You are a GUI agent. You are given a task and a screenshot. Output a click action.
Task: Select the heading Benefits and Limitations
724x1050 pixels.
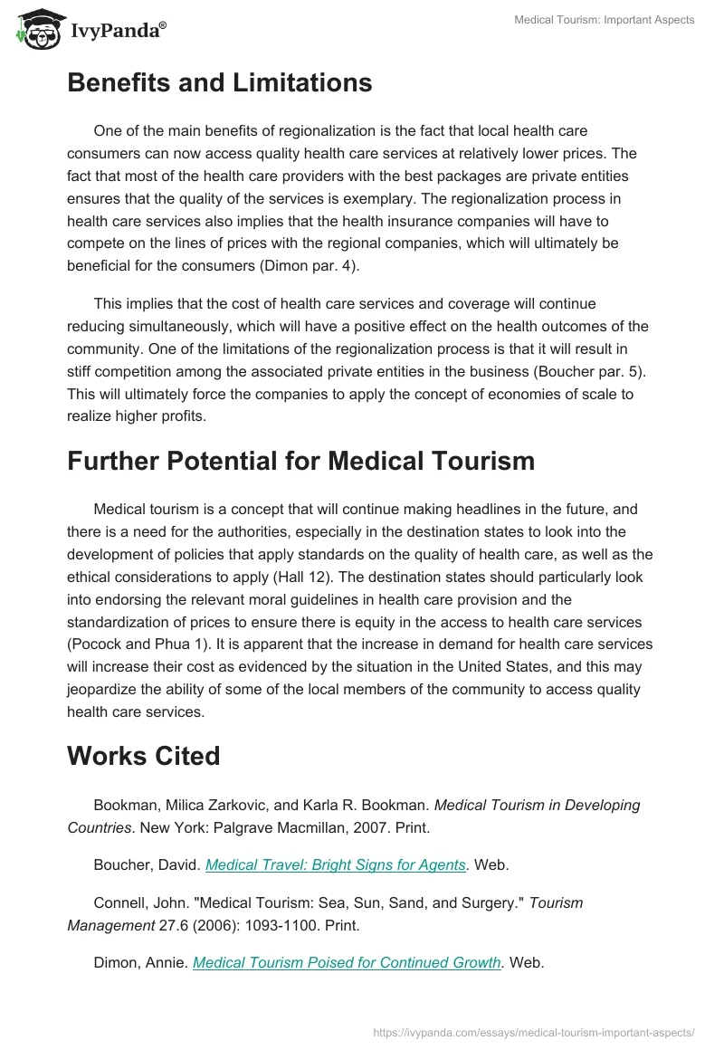219,83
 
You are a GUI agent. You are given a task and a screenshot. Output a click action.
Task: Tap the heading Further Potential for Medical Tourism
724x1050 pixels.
300,461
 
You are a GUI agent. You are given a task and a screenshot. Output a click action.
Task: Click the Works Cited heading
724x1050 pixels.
143,756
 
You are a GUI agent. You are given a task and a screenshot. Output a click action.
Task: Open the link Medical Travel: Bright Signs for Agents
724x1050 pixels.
336,864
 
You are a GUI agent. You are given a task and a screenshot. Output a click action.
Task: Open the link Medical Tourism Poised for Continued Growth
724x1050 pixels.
348,963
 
